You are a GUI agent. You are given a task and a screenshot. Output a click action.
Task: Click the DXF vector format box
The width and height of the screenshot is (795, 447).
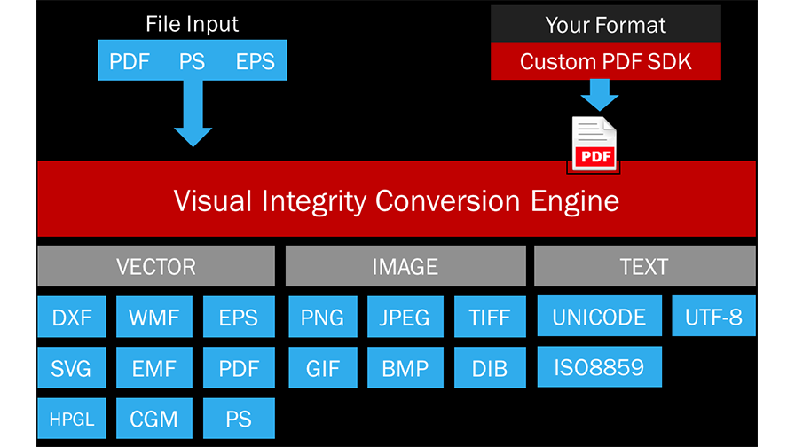(72, 317)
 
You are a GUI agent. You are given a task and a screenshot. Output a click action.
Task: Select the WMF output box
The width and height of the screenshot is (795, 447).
(154, 317)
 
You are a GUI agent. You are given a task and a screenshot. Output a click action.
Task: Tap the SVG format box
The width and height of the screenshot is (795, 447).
(72, 367)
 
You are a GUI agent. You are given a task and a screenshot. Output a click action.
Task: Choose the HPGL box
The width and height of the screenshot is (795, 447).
(72, 418)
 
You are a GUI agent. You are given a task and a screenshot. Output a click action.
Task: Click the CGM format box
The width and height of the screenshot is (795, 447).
(154, 418)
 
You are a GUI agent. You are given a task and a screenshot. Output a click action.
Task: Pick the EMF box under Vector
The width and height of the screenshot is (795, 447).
(154, 367)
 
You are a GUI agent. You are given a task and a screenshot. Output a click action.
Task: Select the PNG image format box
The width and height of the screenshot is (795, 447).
(323, 317)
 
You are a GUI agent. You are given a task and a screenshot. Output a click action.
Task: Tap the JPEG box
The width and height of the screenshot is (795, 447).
(405, 317)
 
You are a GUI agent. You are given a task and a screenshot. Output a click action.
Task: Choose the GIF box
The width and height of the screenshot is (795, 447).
(323, 367)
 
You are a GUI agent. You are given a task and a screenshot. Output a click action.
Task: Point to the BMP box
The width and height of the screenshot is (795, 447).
(405, 367)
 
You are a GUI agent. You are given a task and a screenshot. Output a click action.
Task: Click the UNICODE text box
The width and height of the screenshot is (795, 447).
(599, 317)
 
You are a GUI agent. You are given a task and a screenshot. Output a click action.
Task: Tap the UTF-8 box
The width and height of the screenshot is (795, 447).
(713, 316)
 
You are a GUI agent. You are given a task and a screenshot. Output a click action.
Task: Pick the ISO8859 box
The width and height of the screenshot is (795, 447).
(599, 366)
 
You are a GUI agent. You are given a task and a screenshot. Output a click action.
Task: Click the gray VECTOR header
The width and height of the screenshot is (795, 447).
(156, 266)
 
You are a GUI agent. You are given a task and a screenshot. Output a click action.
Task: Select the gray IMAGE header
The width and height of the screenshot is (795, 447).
(405, 266)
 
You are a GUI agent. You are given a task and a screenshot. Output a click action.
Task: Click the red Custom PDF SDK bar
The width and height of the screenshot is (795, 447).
(606, 61)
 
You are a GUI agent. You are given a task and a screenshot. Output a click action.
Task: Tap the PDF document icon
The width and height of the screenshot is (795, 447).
(594, 142)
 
